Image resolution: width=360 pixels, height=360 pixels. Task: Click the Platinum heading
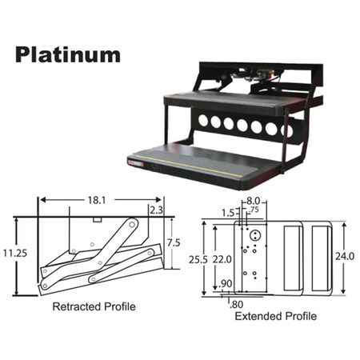tap(67, 54)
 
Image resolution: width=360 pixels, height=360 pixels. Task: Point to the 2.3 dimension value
tap(157, 210)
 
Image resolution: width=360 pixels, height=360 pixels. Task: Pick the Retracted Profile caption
tap(94, 306)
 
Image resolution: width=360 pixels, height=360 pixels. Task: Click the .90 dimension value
tap(226, 284)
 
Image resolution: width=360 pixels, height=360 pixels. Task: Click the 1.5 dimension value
tap(228, 214)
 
